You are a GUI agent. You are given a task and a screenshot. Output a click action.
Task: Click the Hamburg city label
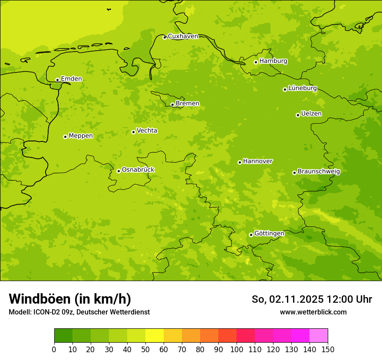coord(273,61)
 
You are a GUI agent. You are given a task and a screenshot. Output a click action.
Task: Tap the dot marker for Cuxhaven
coord(165,37)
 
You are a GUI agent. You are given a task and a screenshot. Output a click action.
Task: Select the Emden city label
coord(71,79)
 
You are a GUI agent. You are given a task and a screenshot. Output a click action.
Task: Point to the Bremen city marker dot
coord(172,105)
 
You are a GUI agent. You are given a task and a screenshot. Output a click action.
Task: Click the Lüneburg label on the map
coord(302,88)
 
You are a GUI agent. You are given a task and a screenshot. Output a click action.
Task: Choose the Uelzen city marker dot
coord(298,115)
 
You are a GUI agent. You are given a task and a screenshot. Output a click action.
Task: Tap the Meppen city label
coord(80,136)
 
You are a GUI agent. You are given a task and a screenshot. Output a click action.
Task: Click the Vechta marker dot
coord(133,132)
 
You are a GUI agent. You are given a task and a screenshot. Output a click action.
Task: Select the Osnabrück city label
coord(138,170)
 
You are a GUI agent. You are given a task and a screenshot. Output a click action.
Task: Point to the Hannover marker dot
coord(240,162)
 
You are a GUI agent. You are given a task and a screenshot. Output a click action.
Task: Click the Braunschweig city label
coord(319,171)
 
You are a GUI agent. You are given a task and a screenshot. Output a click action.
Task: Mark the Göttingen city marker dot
coord(251,235)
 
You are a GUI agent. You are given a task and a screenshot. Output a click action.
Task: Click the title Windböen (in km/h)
coord(70,299)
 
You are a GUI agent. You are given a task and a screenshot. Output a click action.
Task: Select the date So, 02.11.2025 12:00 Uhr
coord(312,299)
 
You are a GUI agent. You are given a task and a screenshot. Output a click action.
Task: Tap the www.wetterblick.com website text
coord(313,312)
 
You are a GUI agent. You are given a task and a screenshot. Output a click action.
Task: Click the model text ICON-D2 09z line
coord(79,312)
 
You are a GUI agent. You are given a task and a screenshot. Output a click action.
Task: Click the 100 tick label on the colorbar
coord(237,349)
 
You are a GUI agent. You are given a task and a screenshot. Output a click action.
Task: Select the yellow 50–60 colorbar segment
coord(155,335)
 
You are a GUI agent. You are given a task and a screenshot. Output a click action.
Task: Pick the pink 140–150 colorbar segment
coord(319,335)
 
